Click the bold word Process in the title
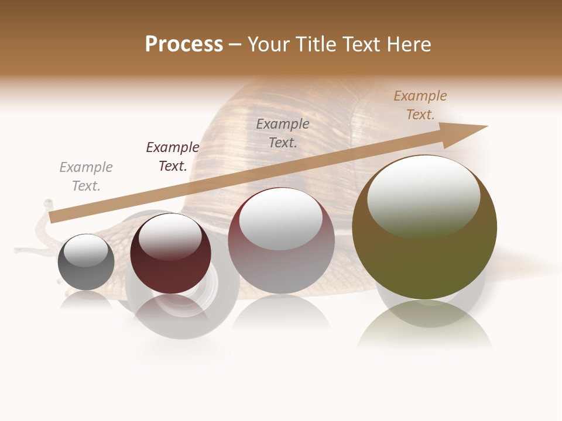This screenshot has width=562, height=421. click(184, 44)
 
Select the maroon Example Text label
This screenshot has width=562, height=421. click(173, 157)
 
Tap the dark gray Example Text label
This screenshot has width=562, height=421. click(283, 133)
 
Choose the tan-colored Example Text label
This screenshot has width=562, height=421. click(420, 105)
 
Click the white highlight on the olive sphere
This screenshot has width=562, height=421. click(423, 196)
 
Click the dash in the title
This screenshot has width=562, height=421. click(235, 44)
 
